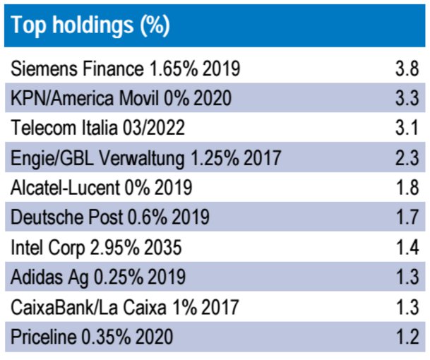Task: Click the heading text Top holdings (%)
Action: [90, 25]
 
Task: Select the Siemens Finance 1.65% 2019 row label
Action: [126, 69]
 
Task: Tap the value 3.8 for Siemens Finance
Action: [408, 69]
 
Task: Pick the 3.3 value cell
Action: [408, 99]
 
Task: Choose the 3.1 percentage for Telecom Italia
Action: [408, 128]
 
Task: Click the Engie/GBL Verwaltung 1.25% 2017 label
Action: [146, 159]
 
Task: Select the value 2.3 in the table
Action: [408, 159]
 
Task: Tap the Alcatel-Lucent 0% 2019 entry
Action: [102, 188]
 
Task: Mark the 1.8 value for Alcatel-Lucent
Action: [408, 188]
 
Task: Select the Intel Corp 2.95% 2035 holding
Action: [97, 248]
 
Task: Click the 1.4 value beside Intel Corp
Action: [408, 248]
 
